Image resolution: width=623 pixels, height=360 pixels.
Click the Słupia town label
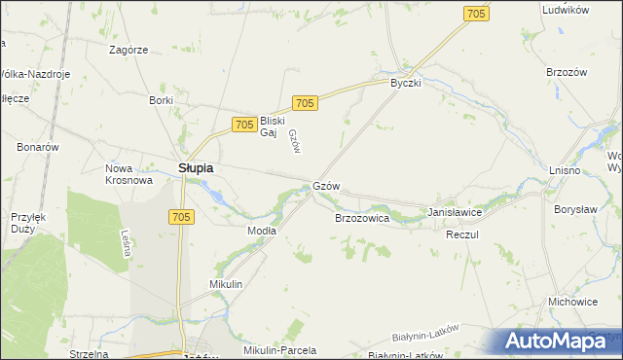coord(196,168)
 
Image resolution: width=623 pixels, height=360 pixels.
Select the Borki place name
coord(161,100)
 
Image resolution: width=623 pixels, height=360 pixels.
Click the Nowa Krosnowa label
coord(128,174)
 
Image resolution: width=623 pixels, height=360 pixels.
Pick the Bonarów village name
coord(38,147)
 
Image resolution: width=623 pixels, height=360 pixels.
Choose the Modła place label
coord(262,231)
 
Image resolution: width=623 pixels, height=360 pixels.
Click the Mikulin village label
coord(225,284)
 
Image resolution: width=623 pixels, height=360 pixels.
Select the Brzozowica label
coord(362,220)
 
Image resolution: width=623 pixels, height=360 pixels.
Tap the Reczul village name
coord(461,236)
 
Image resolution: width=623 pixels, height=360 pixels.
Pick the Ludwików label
coord(566,10)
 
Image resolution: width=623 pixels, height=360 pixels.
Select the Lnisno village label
coord(565,170)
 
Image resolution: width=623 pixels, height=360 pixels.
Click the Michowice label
coord(572,302)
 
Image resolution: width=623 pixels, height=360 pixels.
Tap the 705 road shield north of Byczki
coord(476,14)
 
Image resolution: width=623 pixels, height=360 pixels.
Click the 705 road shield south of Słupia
coord(182,216)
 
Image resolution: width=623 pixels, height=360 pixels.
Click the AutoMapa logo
coord(555,341)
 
